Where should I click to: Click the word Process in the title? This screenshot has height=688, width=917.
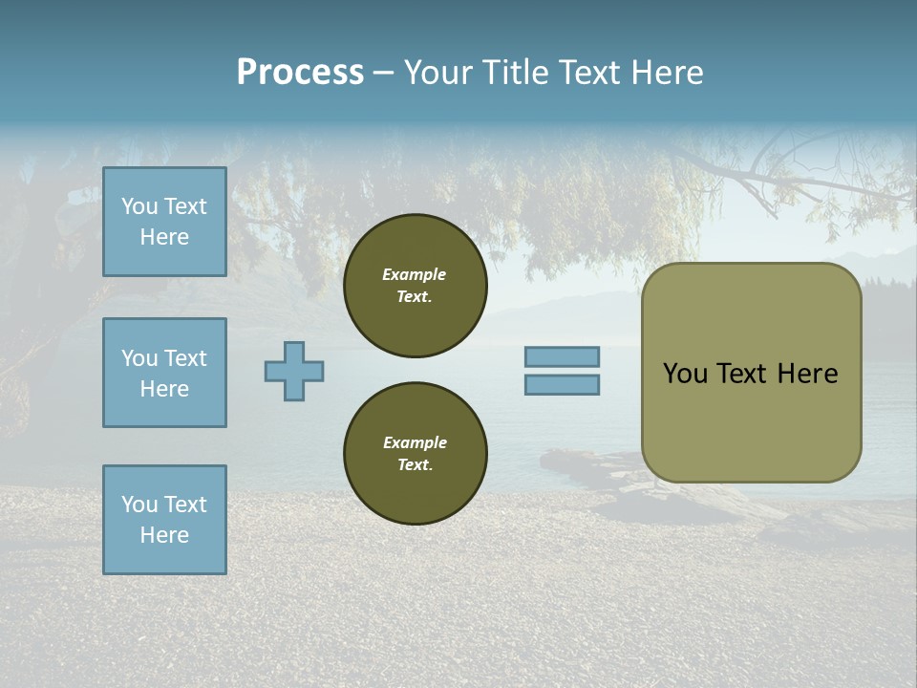pyautogui.click(x=300, y=73)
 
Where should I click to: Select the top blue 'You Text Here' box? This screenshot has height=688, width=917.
pyautogui.click(x=164, y=222)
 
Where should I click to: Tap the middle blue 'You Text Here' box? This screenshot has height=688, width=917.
pyautogui.click(x=164, y=373)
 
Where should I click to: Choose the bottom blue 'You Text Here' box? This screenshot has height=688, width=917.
pyautogui.click(x=164, y=520)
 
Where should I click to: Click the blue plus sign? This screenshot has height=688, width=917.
pyautogui.click(x=294, y=371)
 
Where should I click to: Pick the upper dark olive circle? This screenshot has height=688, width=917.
pyautogui.click(x=415, y=286)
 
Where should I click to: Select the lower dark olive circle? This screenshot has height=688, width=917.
pyautogui.click(x=415, y=454)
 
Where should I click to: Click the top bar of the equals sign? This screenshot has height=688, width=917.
pyautogui.click(x=562, y=357)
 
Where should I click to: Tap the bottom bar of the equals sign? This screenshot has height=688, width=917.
pyautogui.click(x=562, y=385)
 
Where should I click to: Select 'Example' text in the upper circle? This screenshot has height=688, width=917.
pyautogui.click(x=415, y=274)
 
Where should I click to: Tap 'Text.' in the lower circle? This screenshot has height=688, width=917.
pyautogui.click(x=415, y=465)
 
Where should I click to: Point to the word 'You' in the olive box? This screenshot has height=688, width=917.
pyautogui.click(x=684, y=374)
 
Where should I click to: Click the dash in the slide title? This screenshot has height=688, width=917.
pyautogui.click(x=384, y=73)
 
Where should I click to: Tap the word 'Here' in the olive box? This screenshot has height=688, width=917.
pyautogui.click(x=807, y=374)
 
